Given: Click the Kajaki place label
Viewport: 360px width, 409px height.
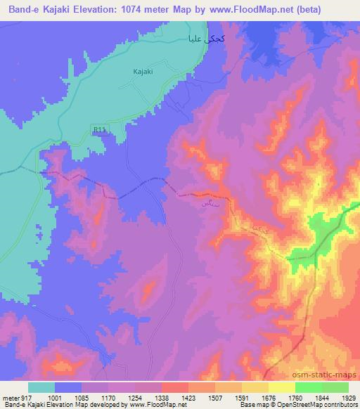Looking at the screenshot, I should [x=143, y=71].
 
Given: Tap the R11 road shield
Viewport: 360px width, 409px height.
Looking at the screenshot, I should [x=99, y=129].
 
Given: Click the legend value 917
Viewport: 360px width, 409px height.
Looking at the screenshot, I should [x=26, y=398].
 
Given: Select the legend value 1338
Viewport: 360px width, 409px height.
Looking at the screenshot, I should [x=160, y=398].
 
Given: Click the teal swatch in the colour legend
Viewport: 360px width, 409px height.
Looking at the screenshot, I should [x=41, y=387].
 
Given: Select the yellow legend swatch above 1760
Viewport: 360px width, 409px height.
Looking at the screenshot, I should [x=281, y=387].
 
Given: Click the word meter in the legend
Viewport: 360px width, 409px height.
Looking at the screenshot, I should [x=10, y=398].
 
